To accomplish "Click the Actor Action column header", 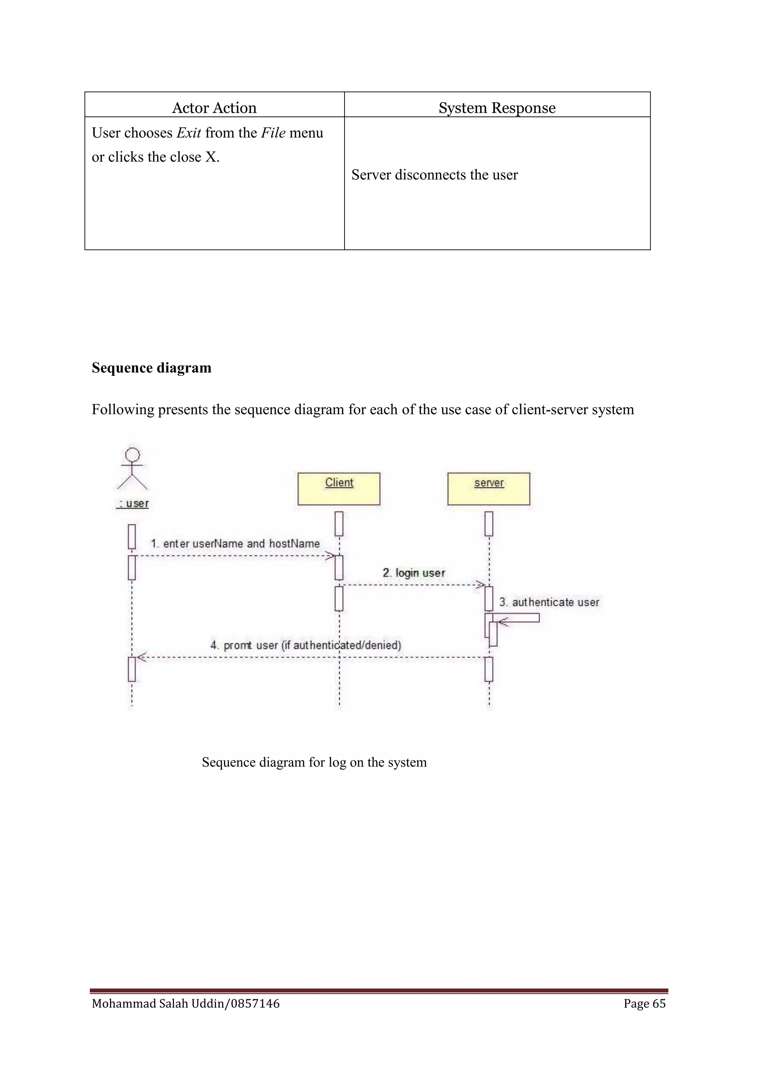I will (x=214, y=108).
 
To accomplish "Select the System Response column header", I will (x=497, y=108).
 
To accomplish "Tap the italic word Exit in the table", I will (x=188, y=133).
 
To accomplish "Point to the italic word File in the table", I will (x=273, y=133).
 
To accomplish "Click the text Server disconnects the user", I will (x=434, y=175).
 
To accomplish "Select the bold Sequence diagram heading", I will (x=151, y=368).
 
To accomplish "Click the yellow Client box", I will (x=339, y=489).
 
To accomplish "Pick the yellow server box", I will (x=488, y=489).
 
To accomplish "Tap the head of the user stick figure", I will (x=133, y=455).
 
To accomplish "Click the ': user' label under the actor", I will (x=133, y=504).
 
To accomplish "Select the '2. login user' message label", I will (x=413, y=573).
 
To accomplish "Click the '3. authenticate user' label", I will (x=549, y=602).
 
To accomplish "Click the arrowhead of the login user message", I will (x=481, y=584).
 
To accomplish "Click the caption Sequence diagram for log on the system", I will (x=314, y=762).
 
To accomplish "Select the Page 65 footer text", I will (x=644, y=1003).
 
